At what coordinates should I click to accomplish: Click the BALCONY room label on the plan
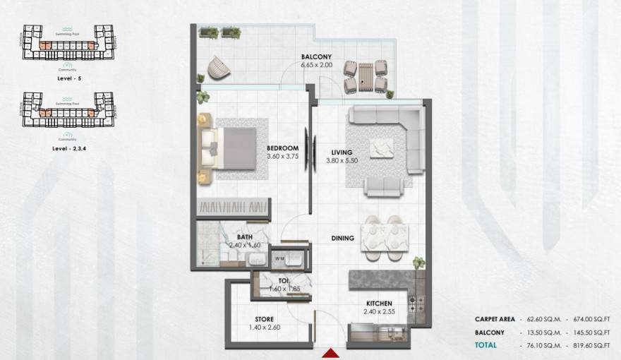tap(316, 56)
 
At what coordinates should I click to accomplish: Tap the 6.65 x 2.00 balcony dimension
tap(316, 65)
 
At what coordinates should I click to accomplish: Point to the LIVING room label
tap(342, 152)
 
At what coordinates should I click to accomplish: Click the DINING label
tap(342, 239)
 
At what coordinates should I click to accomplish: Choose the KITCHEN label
tap(379, 304)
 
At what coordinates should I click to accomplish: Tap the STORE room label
tap(264, 319)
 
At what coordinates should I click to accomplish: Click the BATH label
tap(245, 237)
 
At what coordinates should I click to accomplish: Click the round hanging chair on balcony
tap(219, 68)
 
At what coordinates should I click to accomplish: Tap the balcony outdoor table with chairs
tap(366, 76)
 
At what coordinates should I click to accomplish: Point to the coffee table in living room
tap(382, 147)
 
